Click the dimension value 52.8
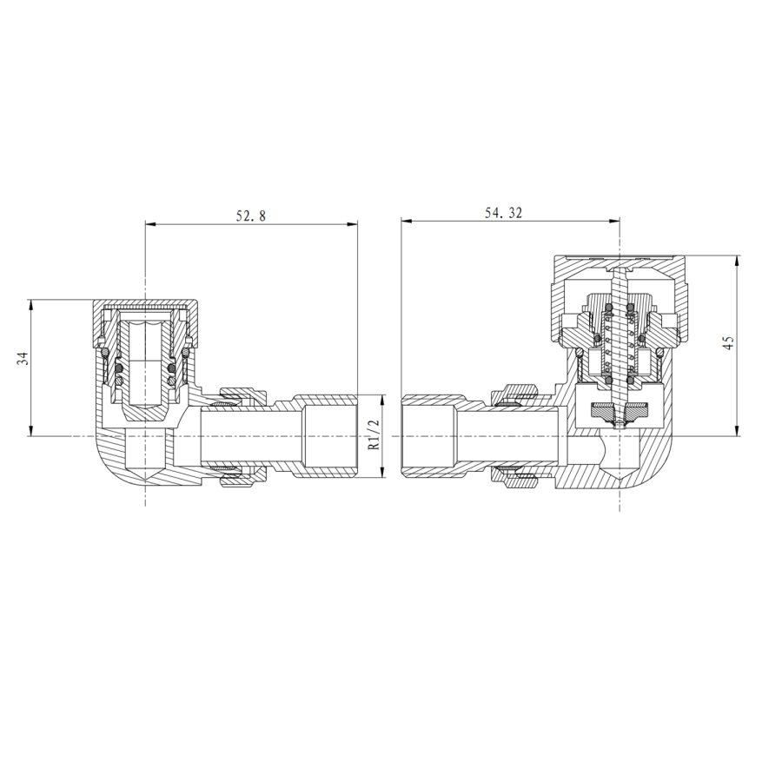[x=251, y=215]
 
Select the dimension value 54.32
[x=504, y=213]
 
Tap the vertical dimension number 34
[x=23, y=358]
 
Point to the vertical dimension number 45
[x=728, y=342]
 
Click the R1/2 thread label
[x=374, y=434]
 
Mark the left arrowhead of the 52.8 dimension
[x=150, y=224]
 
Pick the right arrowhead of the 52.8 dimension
[x=353, y=224]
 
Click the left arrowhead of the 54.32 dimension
[x=407, y=221]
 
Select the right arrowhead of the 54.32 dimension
[x=614, y=221]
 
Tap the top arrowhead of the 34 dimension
[x=31, y=305]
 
